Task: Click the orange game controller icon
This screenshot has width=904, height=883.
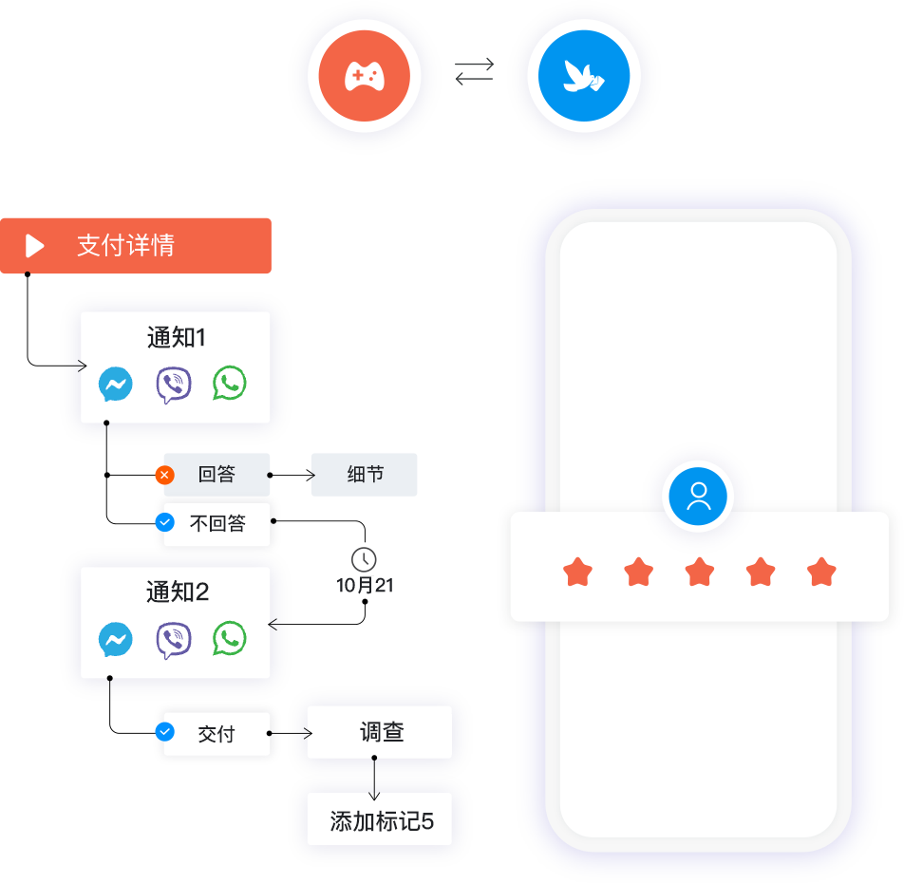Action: pos(364,76)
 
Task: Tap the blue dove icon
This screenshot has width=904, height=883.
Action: pos(583,76)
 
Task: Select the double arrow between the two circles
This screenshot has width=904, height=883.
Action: pos(474,72)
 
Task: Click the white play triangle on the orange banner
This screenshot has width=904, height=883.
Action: pos(35,246)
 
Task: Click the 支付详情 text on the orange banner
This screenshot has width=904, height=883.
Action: pos(125,246)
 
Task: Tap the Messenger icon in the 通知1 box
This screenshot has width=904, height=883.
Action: pos(116,385)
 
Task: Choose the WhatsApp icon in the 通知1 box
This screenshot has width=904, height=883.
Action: pos(229,384)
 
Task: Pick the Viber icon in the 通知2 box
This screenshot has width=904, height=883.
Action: pos(173,640)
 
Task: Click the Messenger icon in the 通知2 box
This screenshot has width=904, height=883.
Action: pos(116,640)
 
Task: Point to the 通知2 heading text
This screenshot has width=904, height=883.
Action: pos(177,592)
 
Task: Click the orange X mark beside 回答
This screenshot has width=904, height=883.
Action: pos(165,475)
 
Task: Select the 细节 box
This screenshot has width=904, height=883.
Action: pos(365,475)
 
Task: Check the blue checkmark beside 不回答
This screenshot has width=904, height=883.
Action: pos(165,522)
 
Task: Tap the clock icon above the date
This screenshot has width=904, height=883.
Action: pos(364,559)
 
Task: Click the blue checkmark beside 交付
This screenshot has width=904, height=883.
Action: pos(165,732)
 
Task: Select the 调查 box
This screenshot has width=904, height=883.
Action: pos(380,732)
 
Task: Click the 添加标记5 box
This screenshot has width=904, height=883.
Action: pos(380,821)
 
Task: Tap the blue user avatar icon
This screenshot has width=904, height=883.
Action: pos(698,496)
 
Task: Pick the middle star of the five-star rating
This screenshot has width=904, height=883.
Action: pos(700,573)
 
